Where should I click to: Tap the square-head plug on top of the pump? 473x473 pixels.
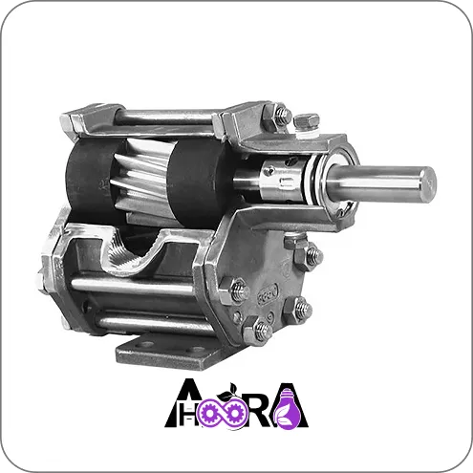click(306, 121)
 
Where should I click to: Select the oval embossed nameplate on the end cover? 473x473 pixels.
click(268, 293)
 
